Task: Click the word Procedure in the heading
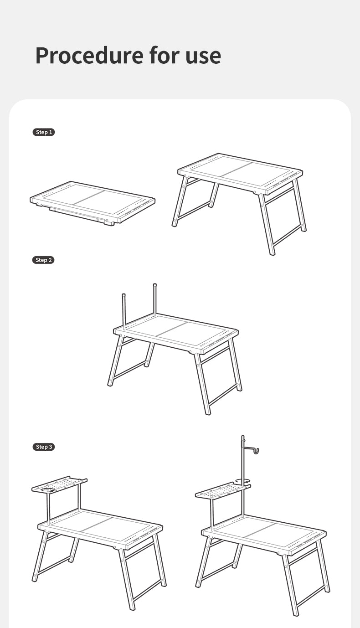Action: [x=90, y=55]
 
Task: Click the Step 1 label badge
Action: [x=44, y=132]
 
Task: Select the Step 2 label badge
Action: [x=43, y=260]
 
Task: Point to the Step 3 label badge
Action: [x=44, y=447]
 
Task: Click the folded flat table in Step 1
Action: [x=93, y=203]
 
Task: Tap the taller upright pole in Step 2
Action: [x=155, y=299]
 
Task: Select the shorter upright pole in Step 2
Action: [x=124, y=311]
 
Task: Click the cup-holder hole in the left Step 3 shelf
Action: [x=48, y=490]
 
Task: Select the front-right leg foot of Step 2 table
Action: [x=207, y=412]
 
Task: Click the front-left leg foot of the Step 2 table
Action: [x=110, y=384]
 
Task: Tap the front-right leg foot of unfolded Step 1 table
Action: [x=272, y=253]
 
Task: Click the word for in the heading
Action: [x=165, y=55]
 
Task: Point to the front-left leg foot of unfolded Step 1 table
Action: [x=175, y=224]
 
